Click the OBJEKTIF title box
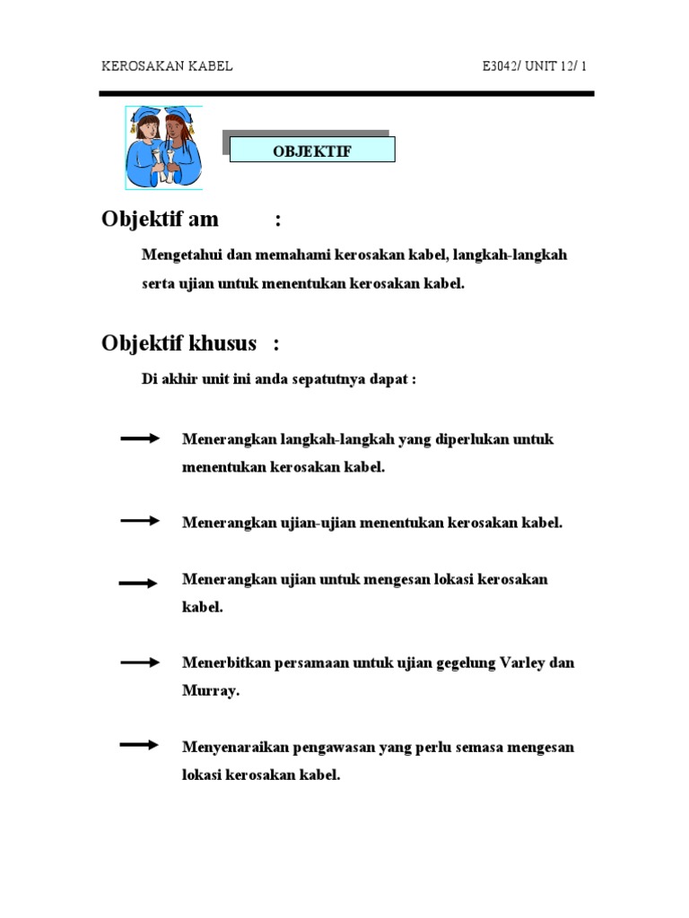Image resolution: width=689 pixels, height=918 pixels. click(x=312, y=150)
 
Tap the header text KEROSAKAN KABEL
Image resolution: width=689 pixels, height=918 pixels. click(x=167, y=67)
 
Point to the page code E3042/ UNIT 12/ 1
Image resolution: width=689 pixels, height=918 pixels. click(x=534, y=67)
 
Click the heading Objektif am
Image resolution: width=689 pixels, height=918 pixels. click(x=161, y=220)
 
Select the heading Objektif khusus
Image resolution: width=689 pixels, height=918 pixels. click(x=179, y=343)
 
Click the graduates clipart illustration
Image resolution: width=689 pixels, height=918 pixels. click(x=163, y=147)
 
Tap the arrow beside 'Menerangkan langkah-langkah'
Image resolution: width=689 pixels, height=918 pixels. click(x=140, y=438)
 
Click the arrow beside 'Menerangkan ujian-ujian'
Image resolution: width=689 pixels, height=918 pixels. click(x=140, y=521)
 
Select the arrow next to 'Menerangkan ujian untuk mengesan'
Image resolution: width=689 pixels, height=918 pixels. click(x=138, y=583)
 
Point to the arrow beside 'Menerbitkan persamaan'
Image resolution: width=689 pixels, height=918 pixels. click(x=140, y=663)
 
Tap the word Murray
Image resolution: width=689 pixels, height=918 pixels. click(x=211, y=691)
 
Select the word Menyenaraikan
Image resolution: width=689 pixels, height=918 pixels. click(x=233, y=747)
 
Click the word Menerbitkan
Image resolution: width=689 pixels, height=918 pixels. click(x=224, y=663)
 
